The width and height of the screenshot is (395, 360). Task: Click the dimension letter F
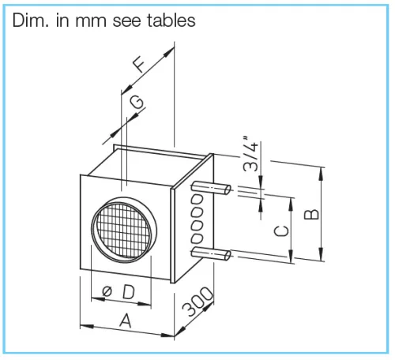[x=139, y=65]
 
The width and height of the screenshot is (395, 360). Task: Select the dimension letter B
[x=311, y=215]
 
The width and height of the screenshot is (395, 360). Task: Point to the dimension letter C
[x=281, y=231]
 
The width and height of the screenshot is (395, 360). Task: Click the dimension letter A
[x=126, y=321]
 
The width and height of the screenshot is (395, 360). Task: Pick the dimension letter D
[x=129, y=292]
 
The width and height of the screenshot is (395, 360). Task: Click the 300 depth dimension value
[x=197, y=302]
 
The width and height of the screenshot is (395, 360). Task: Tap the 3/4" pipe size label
[x=250, y=154]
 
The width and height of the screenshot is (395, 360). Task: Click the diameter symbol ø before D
[x=107, y=291]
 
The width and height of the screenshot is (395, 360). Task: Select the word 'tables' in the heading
[x=171, y=21]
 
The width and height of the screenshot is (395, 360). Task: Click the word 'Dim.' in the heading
[x=31, y=21]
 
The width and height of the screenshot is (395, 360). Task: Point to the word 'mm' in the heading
[x=91, y=22]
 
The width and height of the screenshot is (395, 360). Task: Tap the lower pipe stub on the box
[x=211, y=254]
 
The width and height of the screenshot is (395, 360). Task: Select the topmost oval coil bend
[x=197, y=199]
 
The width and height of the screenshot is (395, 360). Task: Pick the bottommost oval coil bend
[x=197, y=238]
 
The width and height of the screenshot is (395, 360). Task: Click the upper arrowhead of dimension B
[x=321, y=174]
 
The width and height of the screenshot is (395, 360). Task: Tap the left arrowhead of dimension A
[x=87, y=326]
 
